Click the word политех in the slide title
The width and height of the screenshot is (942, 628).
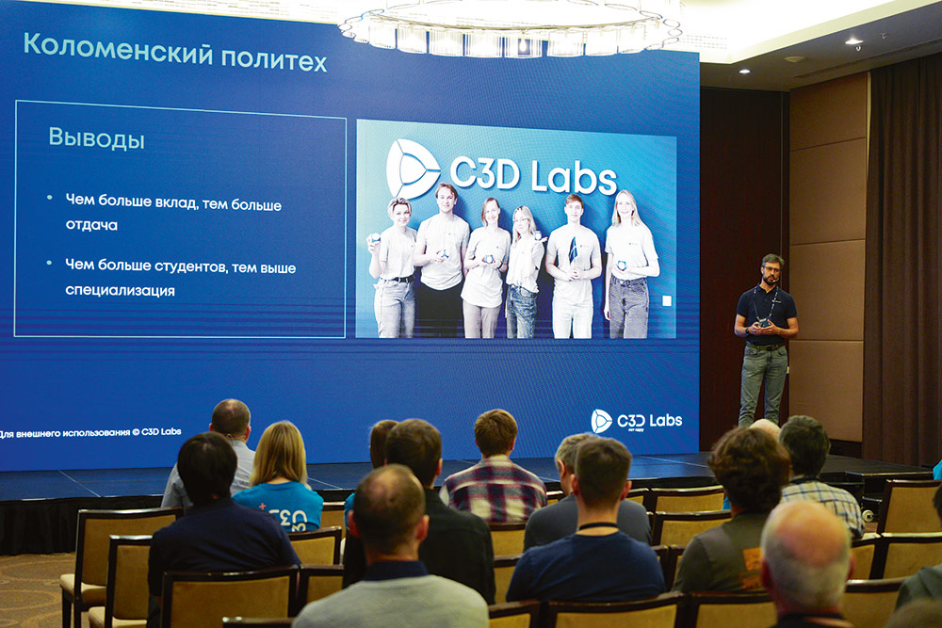274,60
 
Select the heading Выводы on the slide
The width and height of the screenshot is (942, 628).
96,139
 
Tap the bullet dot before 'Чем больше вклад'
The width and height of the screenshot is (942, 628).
49,198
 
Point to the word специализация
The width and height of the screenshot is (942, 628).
120,291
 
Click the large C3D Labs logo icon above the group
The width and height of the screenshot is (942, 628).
413,169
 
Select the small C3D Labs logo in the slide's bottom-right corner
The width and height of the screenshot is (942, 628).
601,421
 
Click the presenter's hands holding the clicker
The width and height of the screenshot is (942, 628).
764,324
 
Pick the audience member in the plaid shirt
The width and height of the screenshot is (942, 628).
495,475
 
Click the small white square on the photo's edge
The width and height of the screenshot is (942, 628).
667,300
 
